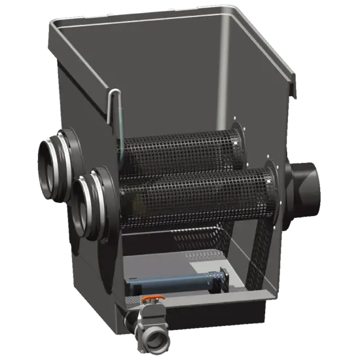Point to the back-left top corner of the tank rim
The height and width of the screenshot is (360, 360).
coord(55,24)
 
